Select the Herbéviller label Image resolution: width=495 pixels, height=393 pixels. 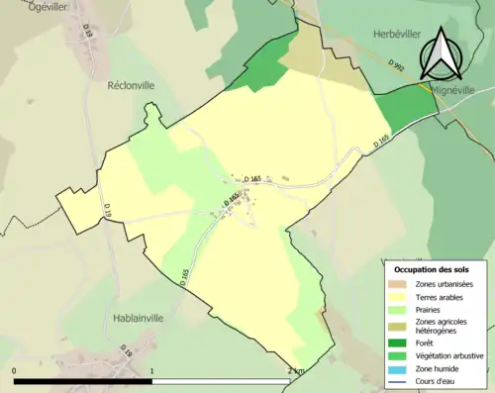pyautogui.click(x=397, y=33)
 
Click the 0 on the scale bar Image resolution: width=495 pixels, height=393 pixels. pyautogui.click(x=16, y=371)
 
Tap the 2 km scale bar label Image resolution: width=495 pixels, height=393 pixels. pyautogui.click(x=294, y=371)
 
